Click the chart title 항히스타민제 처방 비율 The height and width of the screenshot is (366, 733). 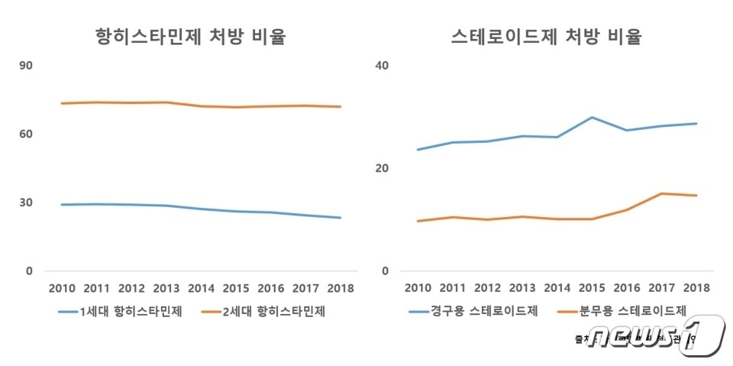[190, 36]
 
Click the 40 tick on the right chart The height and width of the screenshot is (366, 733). [383, 66]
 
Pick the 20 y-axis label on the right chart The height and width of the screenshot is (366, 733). [383, 168]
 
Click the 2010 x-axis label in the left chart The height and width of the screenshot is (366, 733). [62, 289]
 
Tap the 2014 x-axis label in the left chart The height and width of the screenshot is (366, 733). [202, 289]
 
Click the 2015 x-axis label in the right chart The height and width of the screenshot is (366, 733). [592, 289]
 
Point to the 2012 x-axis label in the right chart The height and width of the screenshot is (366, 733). [487, 289]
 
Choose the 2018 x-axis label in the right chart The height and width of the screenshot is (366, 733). [696, 289]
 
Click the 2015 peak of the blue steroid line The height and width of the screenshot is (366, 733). [592, 117]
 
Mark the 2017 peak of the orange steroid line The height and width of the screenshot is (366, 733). [661, 193]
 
